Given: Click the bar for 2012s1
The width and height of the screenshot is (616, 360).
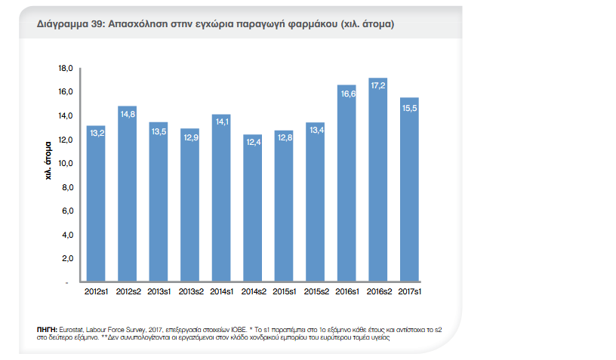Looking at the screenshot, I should pos(96,204).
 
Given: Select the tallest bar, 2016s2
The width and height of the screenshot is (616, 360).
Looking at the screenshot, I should pos(377,181).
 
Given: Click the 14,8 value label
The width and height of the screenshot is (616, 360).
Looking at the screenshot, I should pos(128,114).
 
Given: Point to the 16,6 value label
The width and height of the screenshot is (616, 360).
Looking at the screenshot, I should pos(346,94).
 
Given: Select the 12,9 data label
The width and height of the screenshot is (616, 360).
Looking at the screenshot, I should pos(190,137).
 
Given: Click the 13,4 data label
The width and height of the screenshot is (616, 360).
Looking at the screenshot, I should pos(315,131).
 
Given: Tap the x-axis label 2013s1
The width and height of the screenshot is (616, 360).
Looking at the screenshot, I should pos(159,291).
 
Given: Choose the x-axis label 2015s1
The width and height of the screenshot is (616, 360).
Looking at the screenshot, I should pos(283,291).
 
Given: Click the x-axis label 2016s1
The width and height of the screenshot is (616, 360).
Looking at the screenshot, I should pos(346,291).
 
